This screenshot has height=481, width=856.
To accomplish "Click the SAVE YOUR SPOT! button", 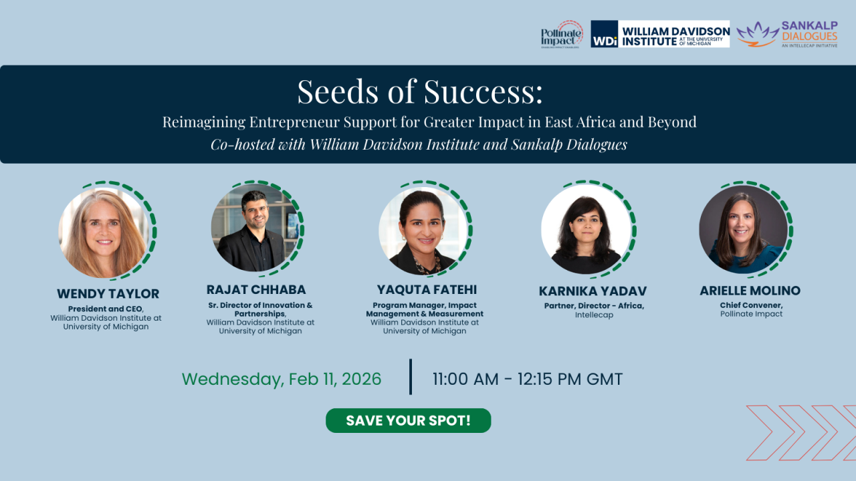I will click(x=408, y=421).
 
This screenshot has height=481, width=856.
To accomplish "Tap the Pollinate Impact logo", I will click(x=562, y=34).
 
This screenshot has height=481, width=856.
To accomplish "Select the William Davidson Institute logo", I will click(x=660, y=34).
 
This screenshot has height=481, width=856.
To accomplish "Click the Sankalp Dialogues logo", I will click(x=787, y=34).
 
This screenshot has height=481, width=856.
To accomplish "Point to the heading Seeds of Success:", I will click(x=420, y=92).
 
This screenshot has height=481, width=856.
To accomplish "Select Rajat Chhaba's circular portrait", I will click(x=255, y=228).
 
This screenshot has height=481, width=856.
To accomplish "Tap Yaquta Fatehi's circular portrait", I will click(x=423, y=231).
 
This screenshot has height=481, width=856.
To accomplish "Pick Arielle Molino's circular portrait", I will click(x=743, y=229).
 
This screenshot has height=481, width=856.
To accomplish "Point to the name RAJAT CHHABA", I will click(x=256, y=290).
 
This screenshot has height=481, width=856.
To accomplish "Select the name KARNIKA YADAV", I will click(x=593, y=291).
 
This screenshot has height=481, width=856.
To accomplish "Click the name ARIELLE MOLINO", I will click(x=750, y=291).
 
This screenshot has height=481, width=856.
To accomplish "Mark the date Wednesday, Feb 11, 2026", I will click(x=282, y=379).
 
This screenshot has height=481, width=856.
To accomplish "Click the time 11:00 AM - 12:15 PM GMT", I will click(x=528, y=379).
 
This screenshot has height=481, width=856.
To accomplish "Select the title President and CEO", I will click(x=106, y=309).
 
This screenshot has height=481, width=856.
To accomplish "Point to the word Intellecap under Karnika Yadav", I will click(x=594, y=315).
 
